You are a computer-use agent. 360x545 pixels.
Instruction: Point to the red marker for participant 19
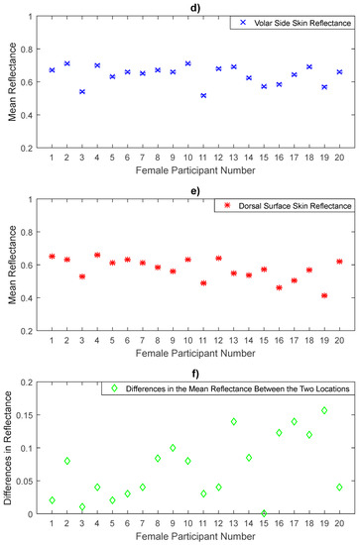tap(324, 295)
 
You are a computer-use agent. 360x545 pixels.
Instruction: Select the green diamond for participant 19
tap(324, 410)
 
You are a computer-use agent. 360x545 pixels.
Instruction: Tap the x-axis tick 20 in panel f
tap(339, 526)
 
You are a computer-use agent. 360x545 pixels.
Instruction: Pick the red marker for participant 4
tap(97, 255)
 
